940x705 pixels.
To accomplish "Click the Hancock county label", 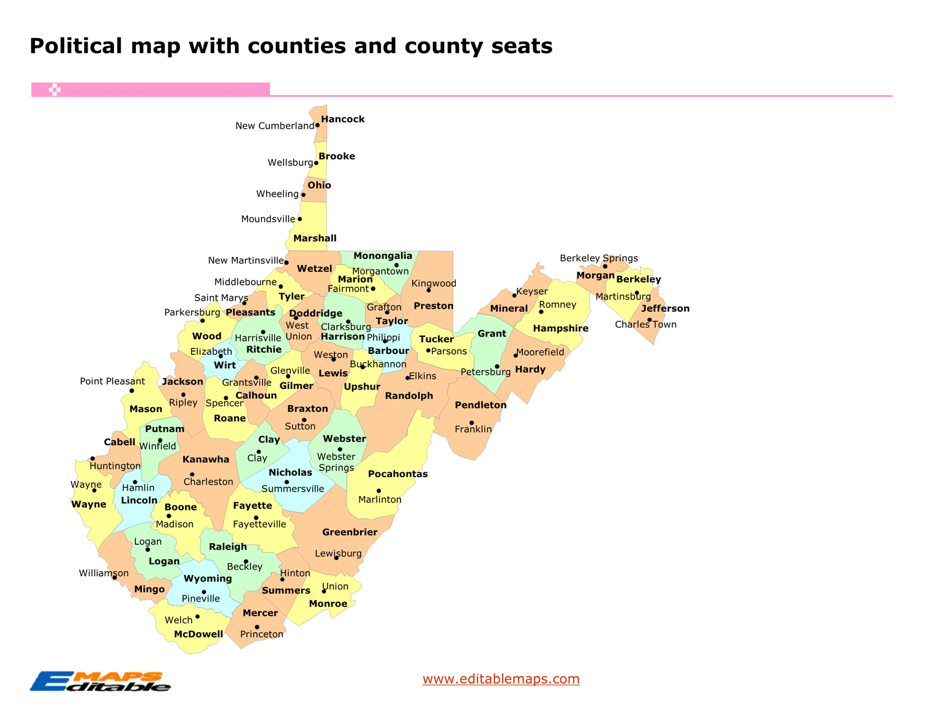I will coord(342,119).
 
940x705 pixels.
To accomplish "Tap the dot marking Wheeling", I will coord(303,195).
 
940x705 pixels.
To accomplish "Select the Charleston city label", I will coord(208,481).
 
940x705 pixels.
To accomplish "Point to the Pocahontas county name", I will coord(397,473).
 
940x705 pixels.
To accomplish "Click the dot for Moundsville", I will coord(299,219).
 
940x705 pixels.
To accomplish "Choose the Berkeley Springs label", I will coord(598,258).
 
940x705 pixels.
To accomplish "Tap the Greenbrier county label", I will coord(350,532).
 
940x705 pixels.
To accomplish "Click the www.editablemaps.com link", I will coord(501,679).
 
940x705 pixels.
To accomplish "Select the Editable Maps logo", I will coord(100,681).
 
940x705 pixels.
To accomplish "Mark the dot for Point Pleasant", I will coord(132,390).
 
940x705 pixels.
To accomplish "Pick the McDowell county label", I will coord(198,634).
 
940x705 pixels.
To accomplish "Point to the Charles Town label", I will coord(645,325).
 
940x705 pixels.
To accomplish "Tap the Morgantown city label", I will coord(380,271).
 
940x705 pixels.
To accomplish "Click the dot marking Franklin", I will coord(472,423).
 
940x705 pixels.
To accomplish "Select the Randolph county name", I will coord(408,396).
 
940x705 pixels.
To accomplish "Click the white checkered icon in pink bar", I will coord(55,90).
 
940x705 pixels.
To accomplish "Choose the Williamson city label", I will coord(103,573).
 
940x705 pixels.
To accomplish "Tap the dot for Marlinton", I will coord(378,491).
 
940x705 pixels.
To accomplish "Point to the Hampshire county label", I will coord(560,328).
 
